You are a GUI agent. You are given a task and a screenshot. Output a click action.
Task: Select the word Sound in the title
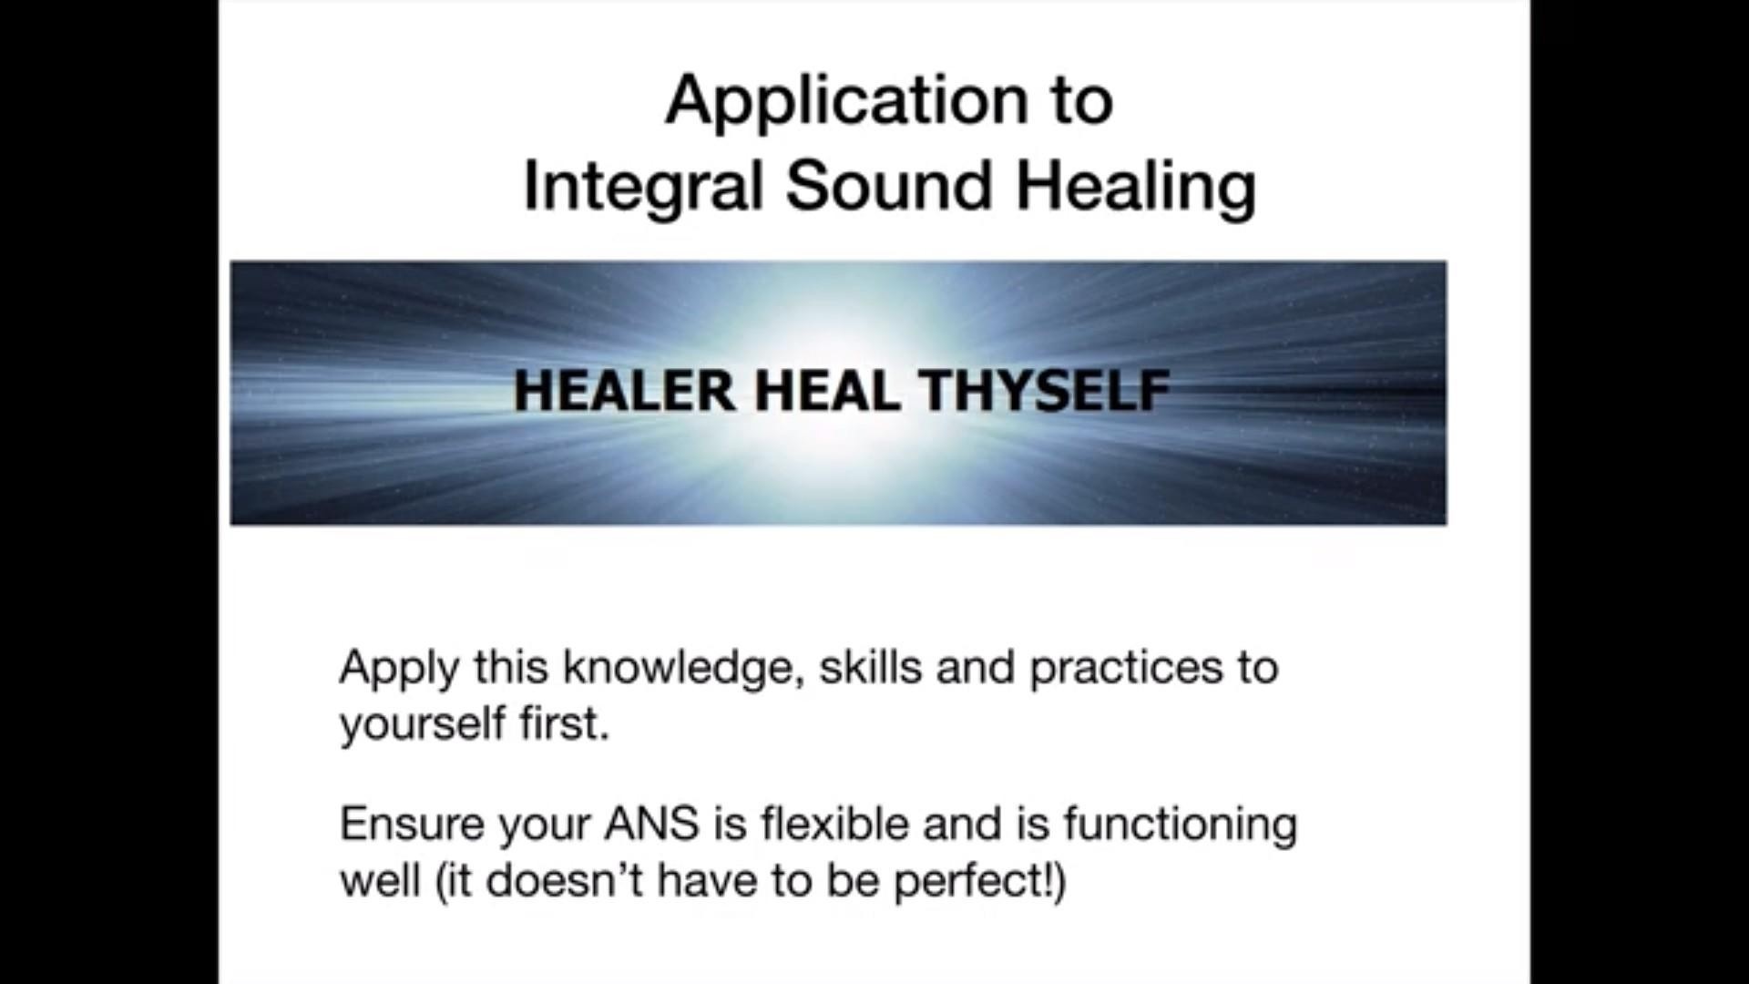[x=888, y=186]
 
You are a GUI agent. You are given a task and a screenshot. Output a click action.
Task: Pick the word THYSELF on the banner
[x=1044, y=391]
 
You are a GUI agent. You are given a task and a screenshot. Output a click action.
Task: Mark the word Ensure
[x=412, y=825]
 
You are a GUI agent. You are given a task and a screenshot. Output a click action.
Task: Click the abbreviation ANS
[x=651, y=825]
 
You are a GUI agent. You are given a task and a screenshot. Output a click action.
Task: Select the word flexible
[x=834, y=824]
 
